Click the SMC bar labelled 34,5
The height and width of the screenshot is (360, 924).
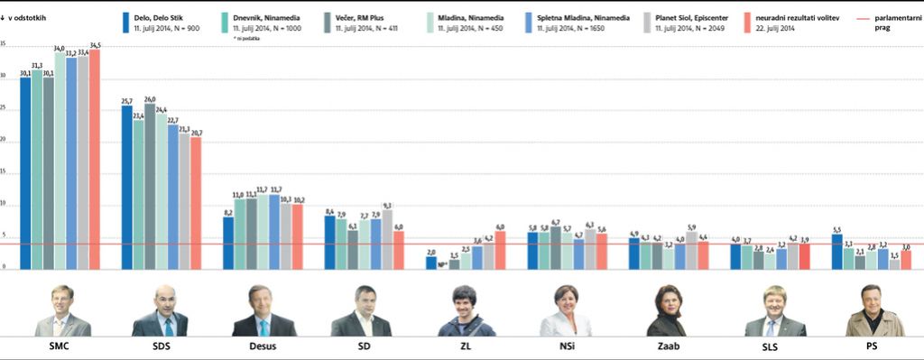coord(95,160)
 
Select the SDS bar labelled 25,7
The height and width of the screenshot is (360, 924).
coord(127,188)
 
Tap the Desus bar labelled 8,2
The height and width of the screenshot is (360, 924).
coord(228,243)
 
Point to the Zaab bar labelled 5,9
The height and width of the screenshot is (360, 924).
coord(691,250)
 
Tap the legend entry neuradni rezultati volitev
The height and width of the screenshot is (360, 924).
coord(798,17)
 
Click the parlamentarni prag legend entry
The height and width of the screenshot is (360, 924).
coord(896,22)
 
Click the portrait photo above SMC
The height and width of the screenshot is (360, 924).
coord(60,311)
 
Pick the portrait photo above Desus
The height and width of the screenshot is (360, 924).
coord(263,311)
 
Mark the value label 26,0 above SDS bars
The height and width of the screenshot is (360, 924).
coord(150,99)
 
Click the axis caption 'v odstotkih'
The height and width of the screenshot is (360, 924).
coord(33,17)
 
